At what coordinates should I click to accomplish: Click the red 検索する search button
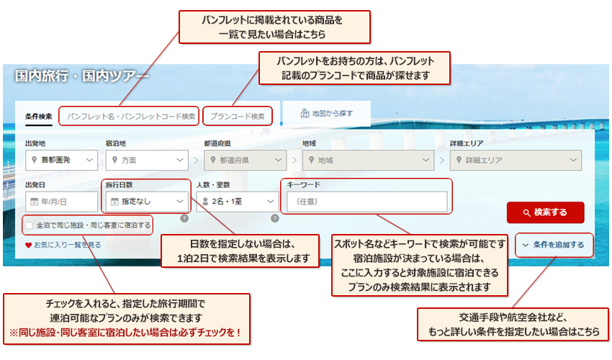click(x=545, y=212)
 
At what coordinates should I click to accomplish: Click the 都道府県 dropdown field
click(x=246, y=160)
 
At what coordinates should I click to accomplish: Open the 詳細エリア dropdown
click(x=515, y=160)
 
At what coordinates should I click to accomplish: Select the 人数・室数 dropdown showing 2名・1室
click(x=236, y=202)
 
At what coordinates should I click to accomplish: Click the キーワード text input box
click(x=366, y=202)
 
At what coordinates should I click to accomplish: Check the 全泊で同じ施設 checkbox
click(x=29, y=225)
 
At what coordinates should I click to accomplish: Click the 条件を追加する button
click(x=553, y=245)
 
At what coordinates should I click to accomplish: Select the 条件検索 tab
click(x=38, y=116)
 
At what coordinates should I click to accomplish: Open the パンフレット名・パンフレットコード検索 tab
click(x=130, y=116)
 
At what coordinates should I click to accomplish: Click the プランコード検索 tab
click(x=238, y=116)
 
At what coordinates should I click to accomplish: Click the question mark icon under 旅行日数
click(x=184, y=218)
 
